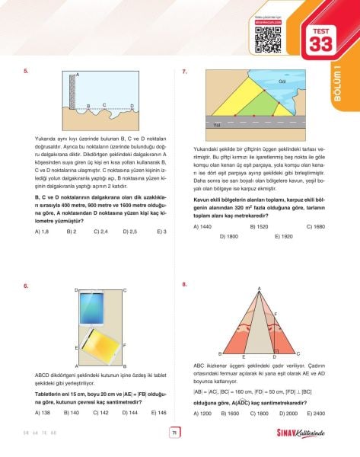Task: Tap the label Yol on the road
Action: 217,124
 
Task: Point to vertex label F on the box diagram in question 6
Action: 124,347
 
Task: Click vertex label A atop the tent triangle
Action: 259,288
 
